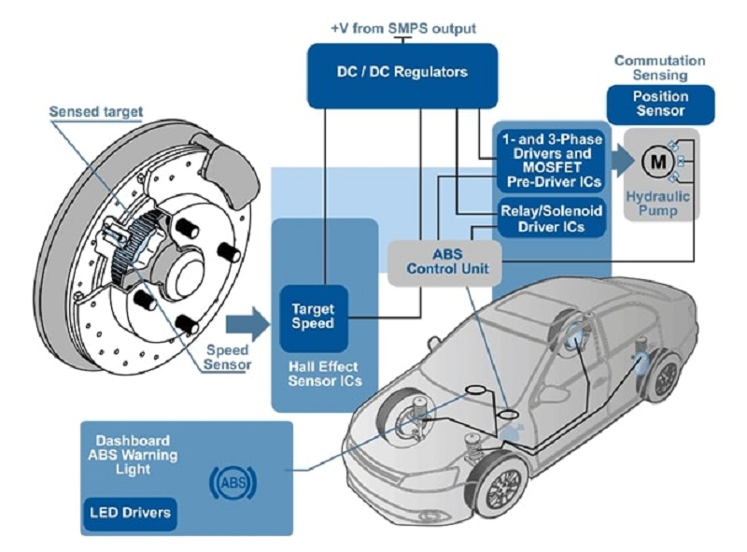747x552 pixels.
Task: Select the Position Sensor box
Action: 660,104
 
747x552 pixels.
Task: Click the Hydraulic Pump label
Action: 664,204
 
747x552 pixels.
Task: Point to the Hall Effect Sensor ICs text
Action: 322,375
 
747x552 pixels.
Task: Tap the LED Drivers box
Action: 132,512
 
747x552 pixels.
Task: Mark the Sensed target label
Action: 96,112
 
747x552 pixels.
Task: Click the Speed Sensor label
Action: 228,358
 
